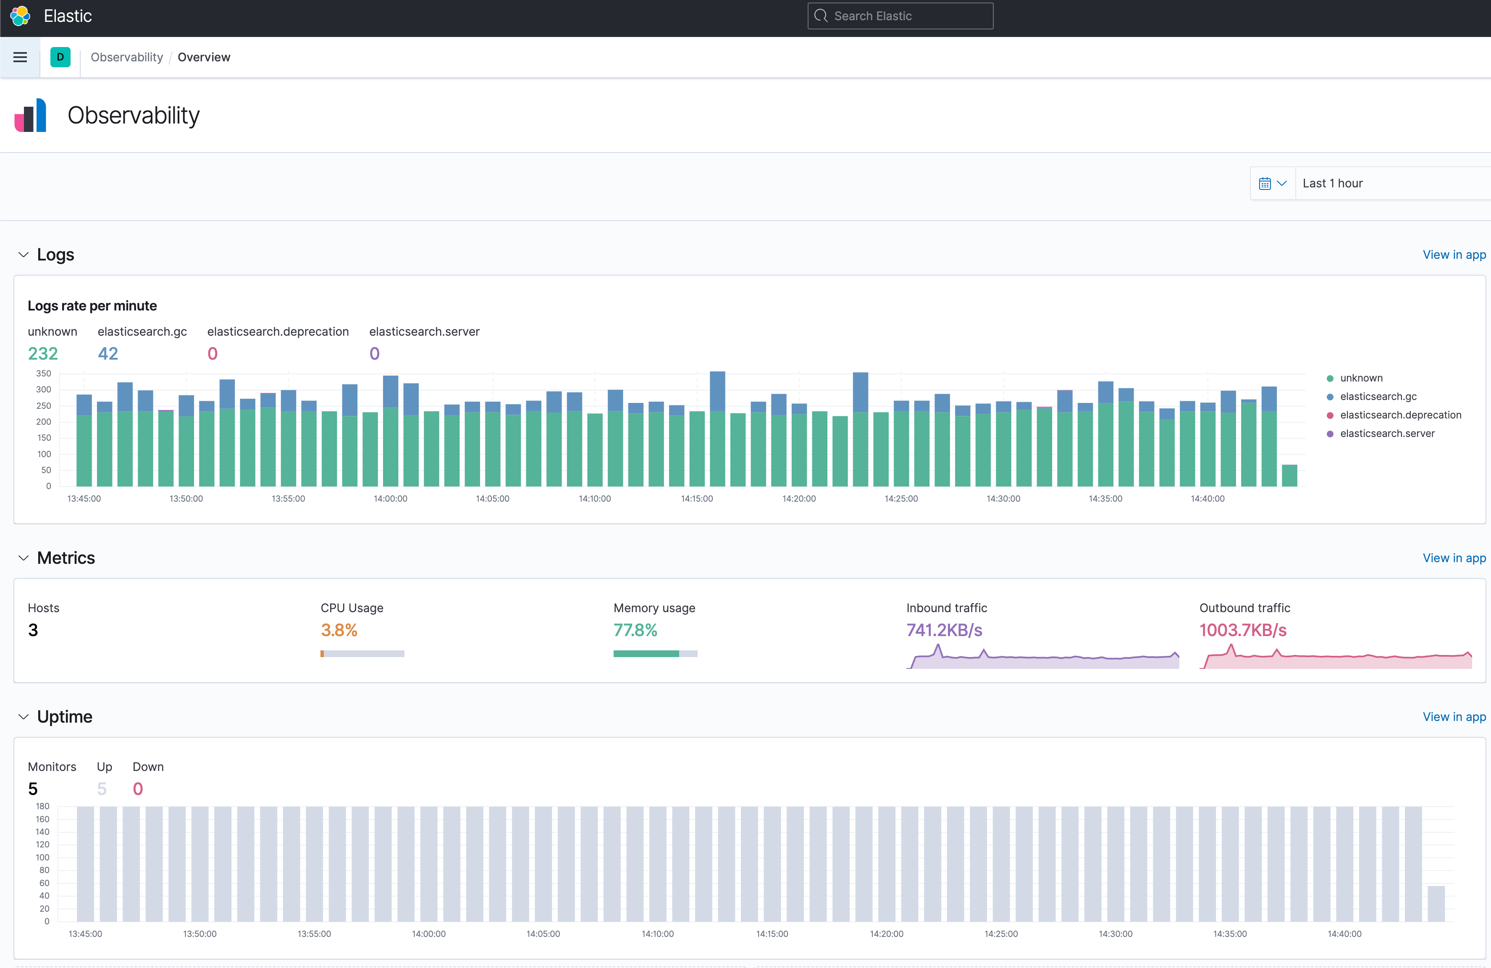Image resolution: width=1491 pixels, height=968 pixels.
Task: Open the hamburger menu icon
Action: [x=20, y=57]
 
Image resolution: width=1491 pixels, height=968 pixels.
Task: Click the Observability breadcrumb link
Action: [x=126, y=57]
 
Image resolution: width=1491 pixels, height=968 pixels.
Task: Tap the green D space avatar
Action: [x=60, y=57]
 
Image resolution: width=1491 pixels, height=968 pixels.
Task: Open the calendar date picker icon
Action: [x=1265, y=184]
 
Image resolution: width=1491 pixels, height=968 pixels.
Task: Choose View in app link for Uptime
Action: [x=1454, y=717]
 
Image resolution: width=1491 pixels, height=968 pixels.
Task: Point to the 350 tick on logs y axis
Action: [x=43, y=374]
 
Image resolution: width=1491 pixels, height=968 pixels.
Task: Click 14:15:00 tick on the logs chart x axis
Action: [x=697, y=499]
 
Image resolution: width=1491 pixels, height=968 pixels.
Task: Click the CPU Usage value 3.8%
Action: [x=339, y=630]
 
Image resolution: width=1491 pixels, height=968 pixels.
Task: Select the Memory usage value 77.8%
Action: [x=635, y=630]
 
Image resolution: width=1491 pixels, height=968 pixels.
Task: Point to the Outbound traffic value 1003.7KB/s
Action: [x=1243, y=630]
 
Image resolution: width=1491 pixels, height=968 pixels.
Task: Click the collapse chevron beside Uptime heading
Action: [x=23, y=717]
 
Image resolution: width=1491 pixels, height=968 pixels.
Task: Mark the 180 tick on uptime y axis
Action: [x=42, y=806]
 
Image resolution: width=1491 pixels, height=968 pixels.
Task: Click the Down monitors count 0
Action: [x=138, y=789]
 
